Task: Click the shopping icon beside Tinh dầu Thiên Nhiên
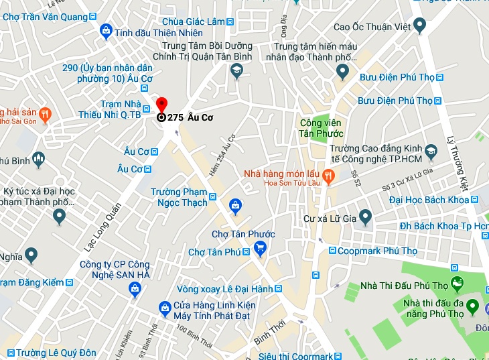[106, 31]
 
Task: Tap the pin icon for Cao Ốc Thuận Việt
[420, 26]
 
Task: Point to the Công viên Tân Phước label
[320, 127]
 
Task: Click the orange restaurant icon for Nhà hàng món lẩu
[328, 176]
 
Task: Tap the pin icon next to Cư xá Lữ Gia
[365, 217]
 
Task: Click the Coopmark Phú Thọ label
[378, 251]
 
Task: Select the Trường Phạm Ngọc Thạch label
[178, 197]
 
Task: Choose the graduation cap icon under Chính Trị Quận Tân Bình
[236, 70]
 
